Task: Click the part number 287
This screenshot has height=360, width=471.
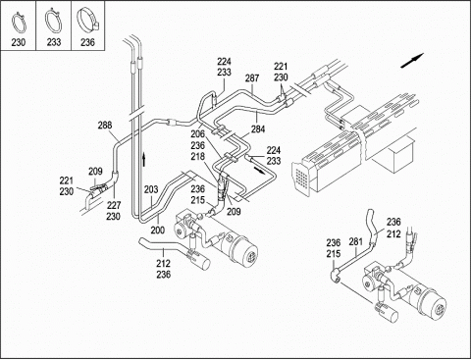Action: pos(252,78)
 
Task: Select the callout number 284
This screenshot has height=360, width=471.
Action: pos(258,129)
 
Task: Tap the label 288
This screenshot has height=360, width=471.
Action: pos(105,126)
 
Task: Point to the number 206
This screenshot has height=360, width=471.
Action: pos(198,134)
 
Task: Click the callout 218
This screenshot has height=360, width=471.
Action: pos(198,156)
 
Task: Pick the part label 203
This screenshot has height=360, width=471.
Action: pos(151,189)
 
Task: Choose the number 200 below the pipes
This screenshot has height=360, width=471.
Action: pos(158,231)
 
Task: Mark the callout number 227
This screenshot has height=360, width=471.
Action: pos(113,205)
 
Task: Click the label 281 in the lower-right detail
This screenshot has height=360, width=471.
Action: pos(356,242)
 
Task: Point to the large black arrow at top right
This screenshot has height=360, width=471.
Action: pos(412,61)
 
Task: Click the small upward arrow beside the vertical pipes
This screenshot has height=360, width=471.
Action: pos(143,159)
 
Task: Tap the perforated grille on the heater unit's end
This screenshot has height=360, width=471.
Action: pos(301,179)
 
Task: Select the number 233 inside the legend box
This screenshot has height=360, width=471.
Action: pos(54,42)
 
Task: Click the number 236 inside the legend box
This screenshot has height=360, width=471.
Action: pos(87,42)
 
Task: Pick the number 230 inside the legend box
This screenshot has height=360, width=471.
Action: pos(19,42)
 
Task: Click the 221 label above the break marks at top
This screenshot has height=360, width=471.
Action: pos(281,67)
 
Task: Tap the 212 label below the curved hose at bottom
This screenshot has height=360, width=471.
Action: pos(163,264)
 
